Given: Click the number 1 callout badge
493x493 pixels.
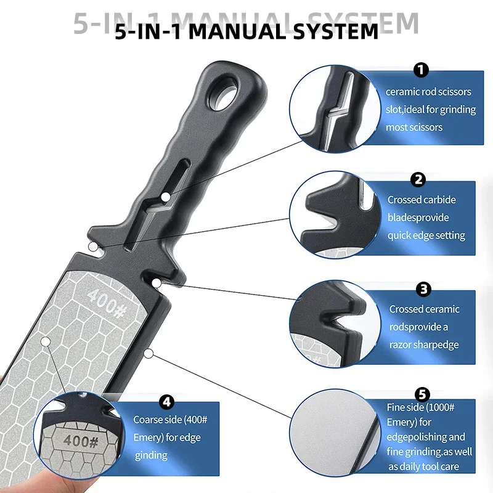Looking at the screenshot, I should coord(422,71).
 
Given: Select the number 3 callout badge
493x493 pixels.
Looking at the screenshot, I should coord(423,288).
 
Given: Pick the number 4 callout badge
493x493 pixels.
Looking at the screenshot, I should coord(166,402).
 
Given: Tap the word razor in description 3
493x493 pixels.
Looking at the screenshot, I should coord(402,344).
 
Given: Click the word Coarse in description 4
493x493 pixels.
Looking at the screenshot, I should coord(149,420).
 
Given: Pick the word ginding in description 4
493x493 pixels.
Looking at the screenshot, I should coord(151,455).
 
